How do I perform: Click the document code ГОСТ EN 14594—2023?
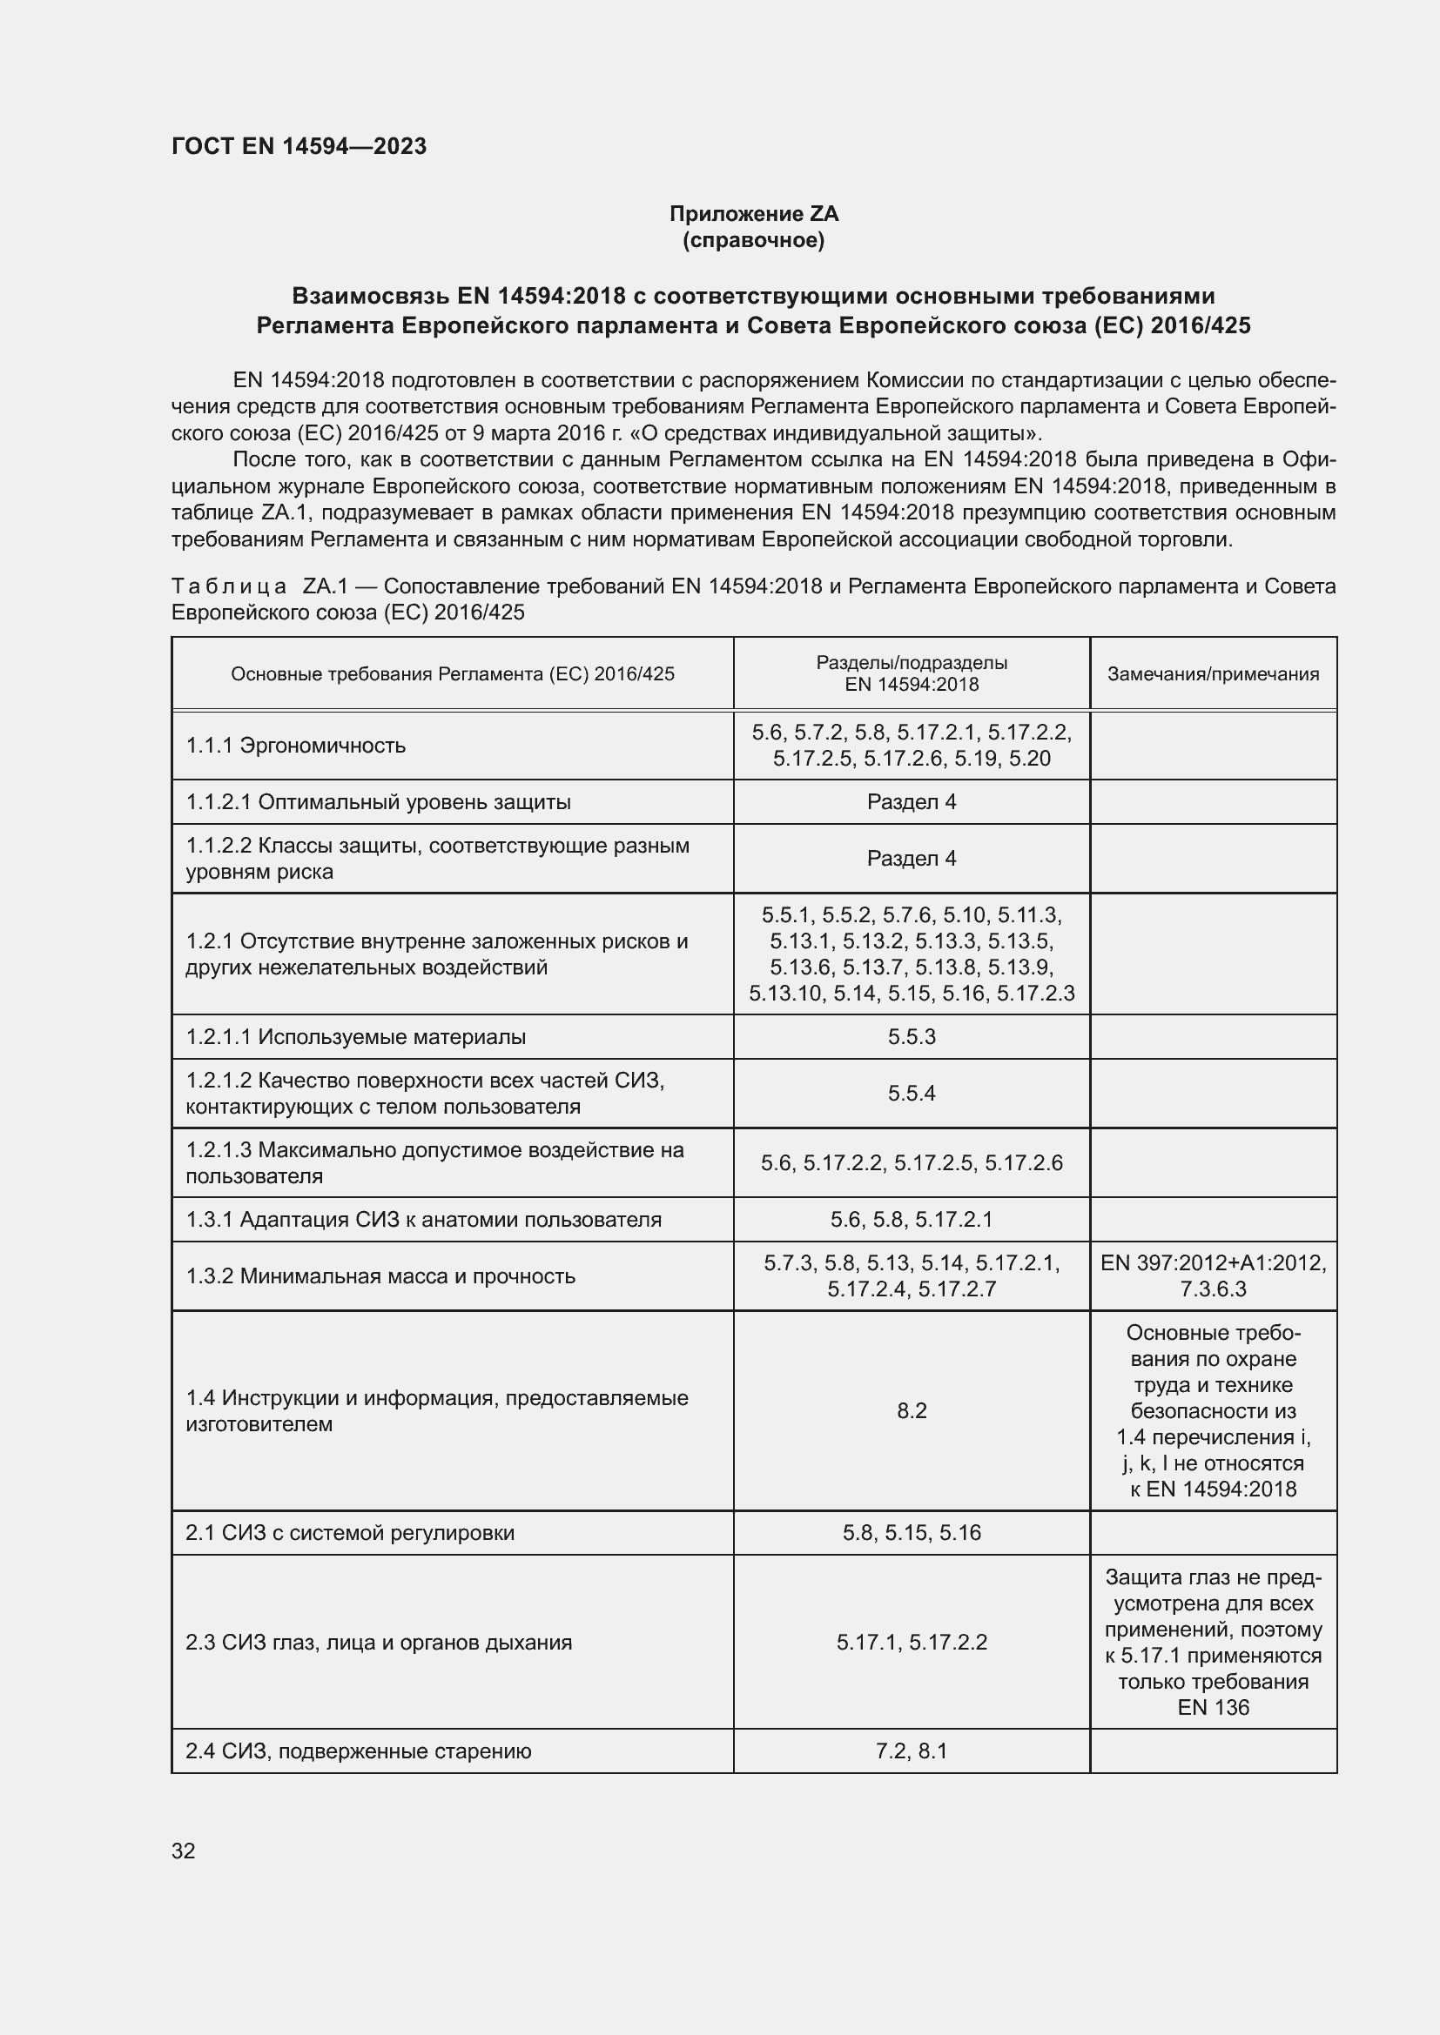pyautogui.click(x=299, y=146)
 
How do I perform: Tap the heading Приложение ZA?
pyautogui.click(x=753, y=214)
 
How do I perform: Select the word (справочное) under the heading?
pyautogui.click(x=753, y=240)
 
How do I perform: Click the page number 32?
pyautogui.click(x=184, y=1851)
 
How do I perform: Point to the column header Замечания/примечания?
pyautogui.click(x=1212, y=673)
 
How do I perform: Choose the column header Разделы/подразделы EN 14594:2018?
pyautogui.click(x=911, y=673)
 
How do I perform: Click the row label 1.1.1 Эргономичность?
pyautogui.click(x=295, y=746)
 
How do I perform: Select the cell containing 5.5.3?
pyautogui.click(x=911, y=1036)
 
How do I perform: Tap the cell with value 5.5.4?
pyautogui.click(x=911, y=1093)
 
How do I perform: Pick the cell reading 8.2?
pyautogui.click(x=911, y=1410)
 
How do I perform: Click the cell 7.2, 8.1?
pyautogui.click(x=911, y=1751)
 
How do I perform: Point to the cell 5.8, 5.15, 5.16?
pyautogui.click(x=911, y=1532)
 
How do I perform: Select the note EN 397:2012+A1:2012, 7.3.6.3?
pyautogui.click(x=1212, y=1275)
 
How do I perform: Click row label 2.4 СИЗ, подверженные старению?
pyautogui.click(x=358, y=1751)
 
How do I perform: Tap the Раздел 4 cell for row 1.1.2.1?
pyautogui.click(x=911, y=802)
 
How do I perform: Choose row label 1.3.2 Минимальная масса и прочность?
pyautogui.click(x=380, y=1275)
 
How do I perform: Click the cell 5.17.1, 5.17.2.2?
pyautogui.click(x=911, y=1643)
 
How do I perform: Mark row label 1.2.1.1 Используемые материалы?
pyautogui.click(x=355, y=1036)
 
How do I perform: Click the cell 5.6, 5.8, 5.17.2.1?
pyautogui.click(x=911, y=1219)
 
